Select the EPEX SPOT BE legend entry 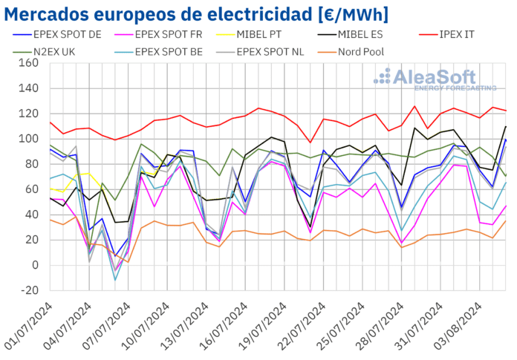pyautogui.click(x=178, y=52)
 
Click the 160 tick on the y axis pyautogui.click(x=27, y=63)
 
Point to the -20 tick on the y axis pyautogui.click(x=27, y=290)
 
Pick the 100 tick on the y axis pyautogui.click(x=27, y=139)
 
